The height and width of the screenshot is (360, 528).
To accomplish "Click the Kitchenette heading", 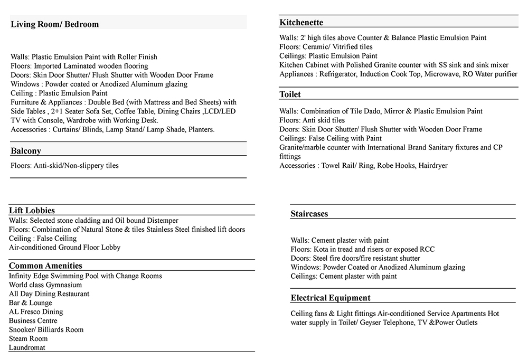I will click(301, 23).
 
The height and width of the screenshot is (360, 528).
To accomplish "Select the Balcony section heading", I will click(26, 151).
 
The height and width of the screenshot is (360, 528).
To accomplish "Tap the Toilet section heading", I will click(290, 94).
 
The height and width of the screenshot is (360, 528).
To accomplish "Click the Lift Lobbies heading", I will click(32, 210).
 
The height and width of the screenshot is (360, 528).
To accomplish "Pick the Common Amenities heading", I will click(45, 266).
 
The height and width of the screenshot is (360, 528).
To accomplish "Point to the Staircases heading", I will click(309, 214).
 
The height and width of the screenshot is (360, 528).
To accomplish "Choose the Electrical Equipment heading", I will click(331, 298).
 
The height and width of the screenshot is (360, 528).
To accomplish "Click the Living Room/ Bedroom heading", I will click(54, 24).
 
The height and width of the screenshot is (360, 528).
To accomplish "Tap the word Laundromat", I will click(27, 347).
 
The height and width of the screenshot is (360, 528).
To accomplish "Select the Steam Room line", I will click(28, 338).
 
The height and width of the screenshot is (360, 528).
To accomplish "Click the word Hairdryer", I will click(432, 166).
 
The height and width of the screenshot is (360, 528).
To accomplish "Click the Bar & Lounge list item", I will click(30, 303).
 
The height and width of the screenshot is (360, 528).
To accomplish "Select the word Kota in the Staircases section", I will click(320, 249).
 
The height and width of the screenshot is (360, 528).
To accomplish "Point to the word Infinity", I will click(22, 276).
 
